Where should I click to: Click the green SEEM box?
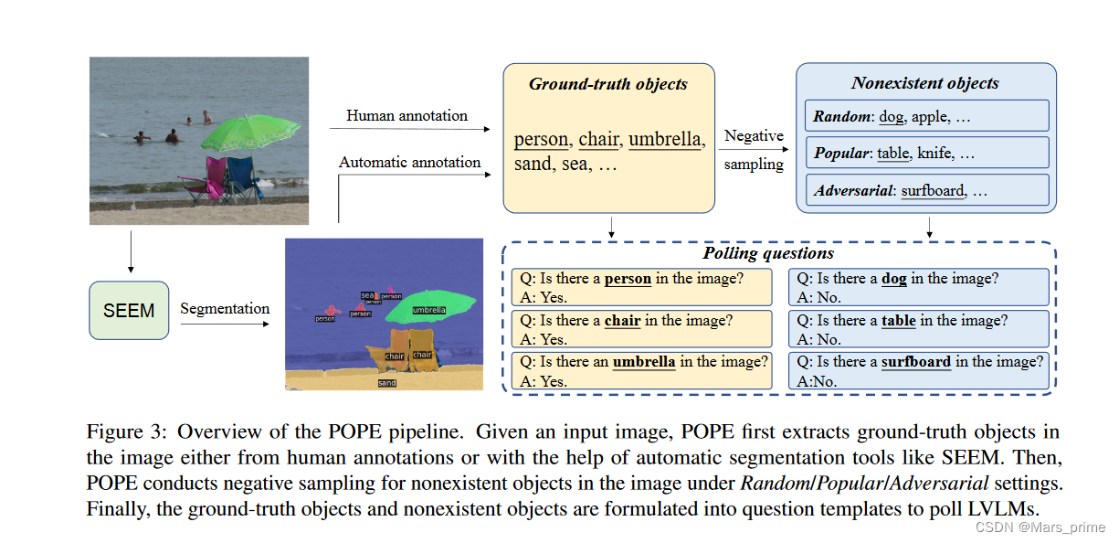(129, 311)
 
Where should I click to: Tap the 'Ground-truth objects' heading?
(607, 84)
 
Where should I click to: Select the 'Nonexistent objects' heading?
(924, 83)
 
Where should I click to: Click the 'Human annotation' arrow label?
(406, 116)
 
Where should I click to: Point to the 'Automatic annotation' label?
(409, 162)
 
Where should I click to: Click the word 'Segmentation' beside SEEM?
(225, 308)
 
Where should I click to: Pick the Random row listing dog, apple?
(925, 116)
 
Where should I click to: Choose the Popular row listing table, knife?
(925, 154)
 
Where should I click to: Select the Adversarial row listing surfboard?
(925, 190)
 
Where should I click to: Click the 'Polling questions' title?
(767, 253)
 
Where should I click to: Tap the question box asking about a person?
(641, 287)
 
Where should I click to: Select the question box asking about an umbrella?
(641, 371)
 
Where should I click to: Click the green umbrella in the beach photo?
(244, 133)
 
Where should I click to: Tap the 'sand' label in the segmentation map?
(387, 383)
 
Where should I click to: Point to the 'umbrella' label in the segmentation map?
(428, 310)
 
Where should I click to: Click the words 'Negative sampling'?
(754, 150)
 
